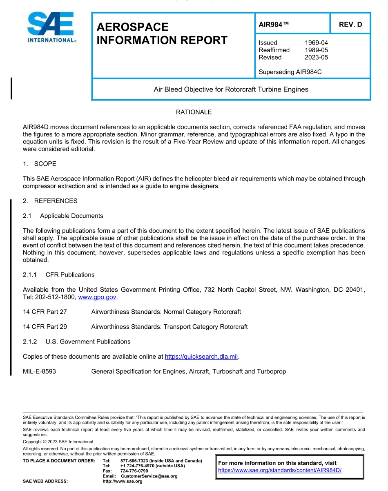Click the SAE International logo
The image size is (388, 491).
(51, 27)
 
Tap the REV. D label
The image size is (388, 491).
(350, 25)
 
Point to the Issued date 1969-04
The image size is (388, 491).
(316, 42)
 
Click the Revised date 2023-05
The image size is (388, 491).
(316, 57)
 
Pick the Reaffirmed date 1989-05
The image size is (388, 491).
(316, 50)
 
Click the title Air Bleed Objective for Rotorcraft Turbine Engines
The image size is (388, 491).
(231, 89)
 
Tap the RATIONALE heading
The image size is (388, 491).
(194, 112)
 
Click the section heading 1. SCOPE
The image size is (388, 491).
(40, 164)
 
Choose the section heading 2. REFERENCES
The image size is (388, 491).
(50, 201)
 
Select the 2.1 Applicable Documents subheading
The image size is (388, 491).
(63, 216)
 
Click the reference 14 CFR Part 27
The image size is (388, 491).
(45, 312)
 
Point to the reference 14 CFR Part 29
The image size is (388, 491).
(45, 327)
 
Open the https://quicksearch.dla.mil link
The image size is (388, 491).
(201, 357)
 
